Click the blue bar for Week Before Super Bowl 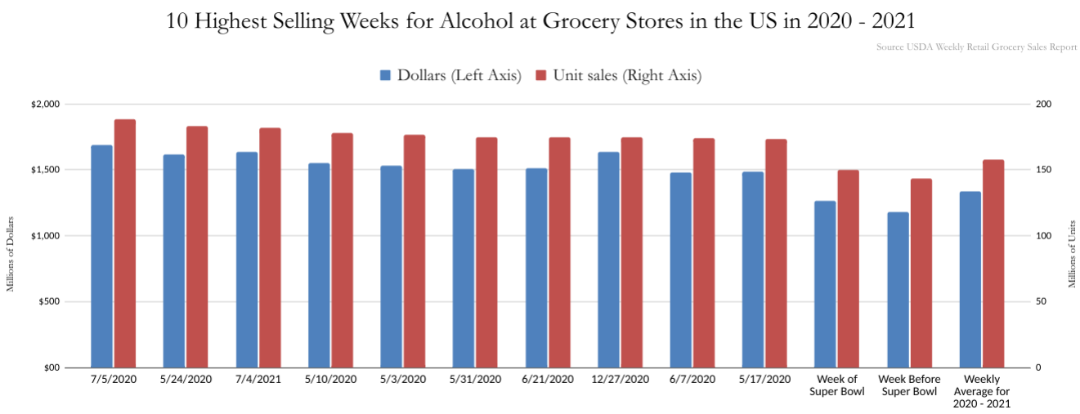(898, 289)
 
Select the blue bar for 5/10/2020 (319, 265)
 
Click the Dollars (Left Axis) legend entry (450, 76)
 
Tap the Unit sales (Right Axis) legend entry (618, 76)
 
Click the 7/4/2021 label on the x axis (258, 380)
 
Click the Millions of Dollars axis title (11, 254)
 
